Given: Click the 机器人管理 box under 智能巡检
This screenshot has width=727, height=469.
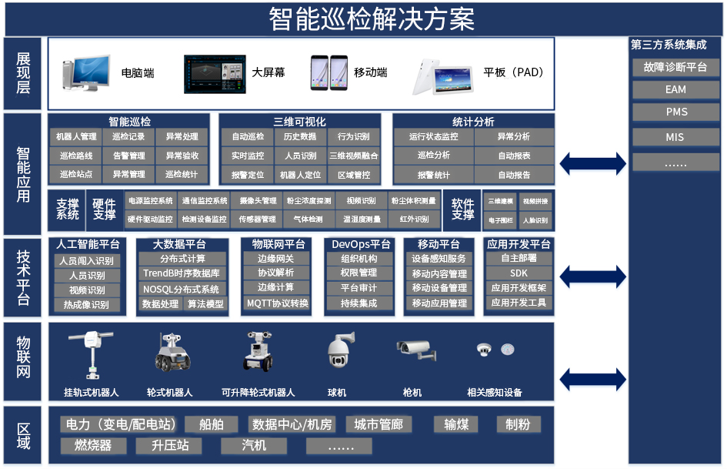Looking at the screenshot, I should (78, 137).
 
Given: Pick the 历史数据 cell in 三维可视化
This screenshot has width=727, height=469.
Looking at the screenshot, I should (300, 137).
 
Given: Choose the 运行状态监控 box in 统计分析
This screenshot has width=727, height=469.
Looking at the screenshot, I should (433, 137).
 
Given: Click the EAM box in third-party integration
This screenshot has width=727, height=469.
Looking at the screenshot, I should (675, 90).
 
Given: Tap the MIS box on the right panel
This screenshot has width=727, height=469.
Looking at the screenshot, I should (675, 138).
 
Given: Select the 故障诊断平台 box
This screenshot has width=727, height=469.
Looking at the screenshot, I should (675, 67).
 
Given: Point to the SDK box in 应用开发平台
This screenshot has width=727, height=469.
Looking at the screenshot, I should (519, 273).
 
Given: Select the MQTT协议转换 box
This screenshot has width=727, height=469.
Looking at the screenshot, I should (278, 303).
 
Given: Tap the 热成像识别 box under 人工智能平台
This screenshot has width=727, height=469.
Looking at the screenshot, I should (87, 305).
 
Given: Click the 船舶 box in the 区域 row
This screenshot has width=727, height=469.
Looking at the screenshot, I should (211, 425).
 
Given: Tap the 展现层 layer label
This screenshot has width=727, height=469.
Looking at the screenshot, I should (24, 74).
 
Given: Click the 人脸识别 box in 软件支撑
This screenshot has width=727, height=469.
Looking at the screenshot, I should (535, 220).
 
